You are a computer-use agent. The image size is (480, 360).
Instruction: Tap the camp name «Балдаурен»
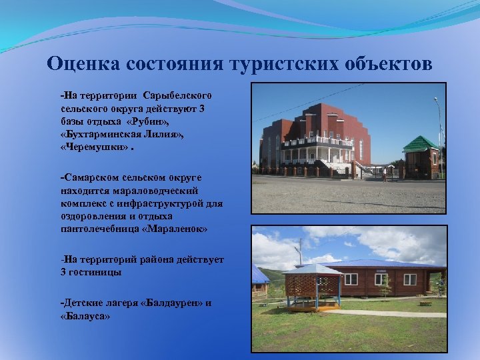click(x=174, y=303)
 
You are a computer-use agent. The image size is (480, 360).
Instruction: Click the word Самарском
click(x=91, y=179)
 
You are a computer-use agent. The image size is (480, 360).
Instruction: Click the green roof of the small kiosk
click(x=421, y=143)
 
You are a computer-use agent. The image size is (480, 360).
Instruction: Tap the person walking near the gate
click(x=384, y=175)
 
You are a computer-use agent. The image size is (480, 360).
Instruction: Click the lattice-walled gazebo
click(x=311, y=289)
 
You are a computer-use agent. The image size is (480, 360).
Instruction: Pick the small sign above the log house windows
click(x=381, y=272)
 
